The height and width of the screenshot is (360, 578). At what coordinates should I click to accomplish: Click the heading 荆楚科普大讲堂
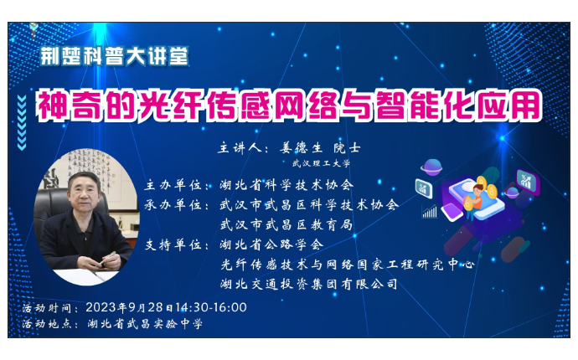(x=114, y=56)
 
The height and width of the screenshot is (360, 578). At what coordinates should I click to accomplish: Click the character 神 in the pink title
(x=52, y=106)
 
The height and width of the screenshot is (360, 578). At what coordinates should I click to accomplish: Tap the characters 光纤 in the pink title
(x=171, y=106)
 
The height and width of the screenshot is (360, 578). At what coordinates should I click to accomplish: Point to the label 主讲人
(x=240, y=148)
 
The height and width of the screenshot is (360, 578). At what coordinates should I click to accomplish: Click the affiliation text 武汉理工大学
(x=321, y=163)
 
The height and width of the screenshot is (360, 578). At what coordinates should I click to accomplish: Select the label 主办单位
(x=173, y=185)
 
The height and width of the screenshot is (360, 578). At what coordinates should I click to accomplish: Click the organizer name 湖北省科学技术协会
(x=286, y=185)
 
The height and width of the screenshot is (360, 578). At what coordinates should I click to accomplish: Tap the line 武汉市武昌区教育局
(x=286, y=224)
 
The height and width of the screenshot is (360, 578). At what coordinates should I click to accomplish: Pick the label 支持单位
(x=173, y=244)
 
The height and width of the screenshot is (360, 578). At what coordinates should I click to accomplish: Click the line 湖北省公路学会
(x=271, y=244)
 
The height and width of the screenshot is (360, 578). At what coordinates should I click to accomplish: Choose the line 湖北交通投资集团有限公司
(x=309, y=284)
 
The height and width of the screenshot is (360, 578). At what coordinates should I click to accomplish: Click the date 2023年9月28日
(x=130, y=307)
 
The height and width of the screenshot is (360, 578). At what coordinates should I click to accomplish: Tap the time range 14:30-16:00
(x=211, y=307)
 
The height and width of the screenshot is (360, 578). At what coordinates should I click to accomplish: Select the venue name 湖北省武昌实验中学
(x=145, y=324)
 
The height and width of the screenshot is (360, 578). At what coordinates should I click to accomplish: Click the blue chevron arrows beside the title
(x=22, y=123)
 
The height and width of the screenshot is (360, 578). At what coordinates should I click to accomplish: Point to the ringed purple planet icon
(x=431, y=167)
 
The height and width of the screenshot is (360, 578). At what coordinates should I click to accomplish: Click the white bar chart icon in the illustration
(x=430, y=212)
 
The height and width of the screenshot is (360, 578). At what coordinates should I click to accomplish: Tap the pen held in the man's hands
(x=107, y=259)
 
